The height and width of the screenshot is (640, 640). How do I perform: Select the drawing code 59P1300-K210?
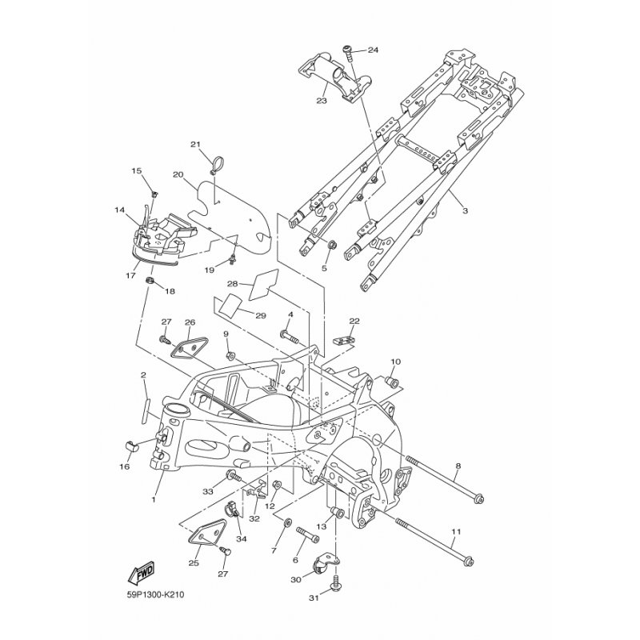point(155,594)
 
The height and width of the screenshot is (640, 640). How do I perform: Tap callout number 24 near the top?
point(373,50)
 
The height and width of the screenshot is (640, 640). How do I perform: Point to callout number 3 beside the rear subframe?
point(465,211)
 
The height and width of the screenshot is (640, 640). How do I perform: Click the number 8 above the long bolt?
point(458,466)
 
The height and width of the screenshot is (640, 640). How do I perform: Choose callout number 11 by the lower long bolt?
point(456,532)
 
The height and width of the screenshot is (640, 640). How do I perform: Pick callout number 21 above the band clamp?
point(195,145)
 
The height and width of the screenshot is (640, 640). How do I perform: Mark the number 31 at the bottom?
point(314,598)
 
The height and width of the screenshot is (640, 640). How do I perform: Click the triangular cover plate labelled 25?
point(207,531)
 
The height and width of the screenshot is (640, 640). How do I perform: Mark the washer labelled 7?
point(287,522)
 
